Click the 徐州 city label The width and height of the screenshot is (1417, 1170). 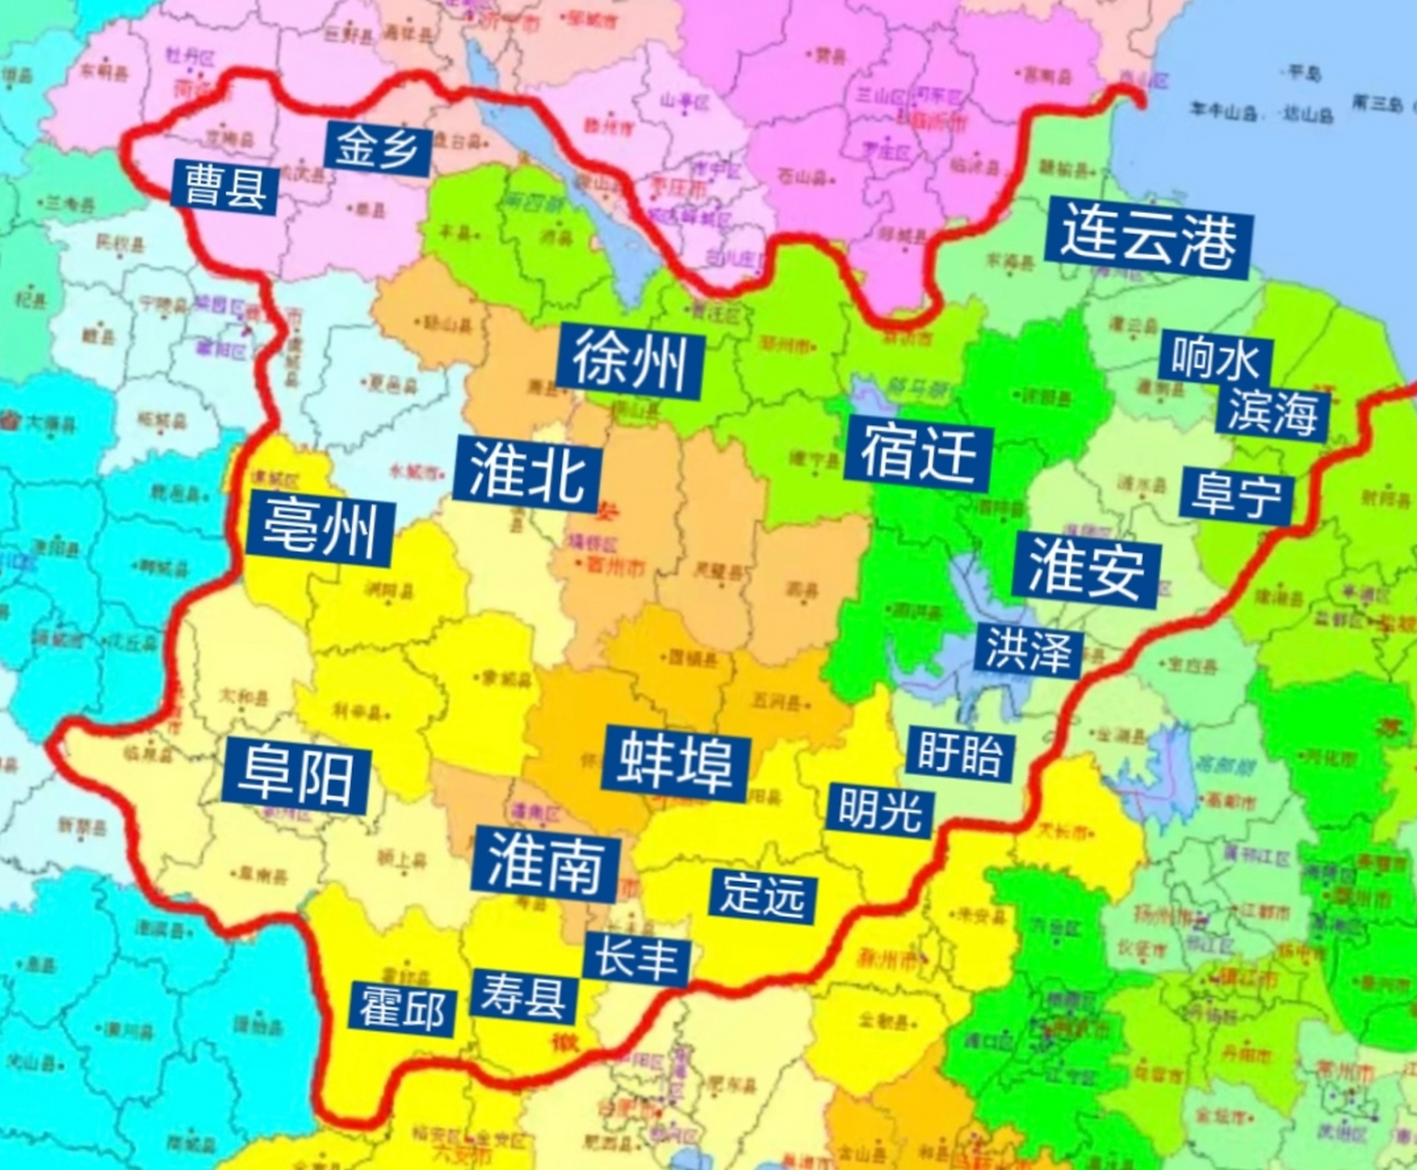pos(630,362)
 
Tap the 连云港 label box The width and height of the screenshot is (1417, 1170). pos(1148,237)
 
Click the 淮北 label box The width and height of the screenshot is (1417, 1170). pos(527,474)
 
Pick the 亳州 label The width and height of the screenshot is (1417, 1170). pos(319,527)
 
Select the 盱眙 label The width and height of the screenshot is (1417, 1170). pos(960,753)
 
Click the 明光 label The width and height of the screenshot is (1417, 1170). pos(879,809)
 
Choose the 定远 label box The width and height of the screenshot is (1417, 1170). pos(762,894)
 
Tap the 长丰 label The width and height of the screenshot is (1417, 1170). pos(636,958)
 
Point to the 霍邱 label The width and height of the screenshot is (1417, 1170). pos(402,1008)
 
